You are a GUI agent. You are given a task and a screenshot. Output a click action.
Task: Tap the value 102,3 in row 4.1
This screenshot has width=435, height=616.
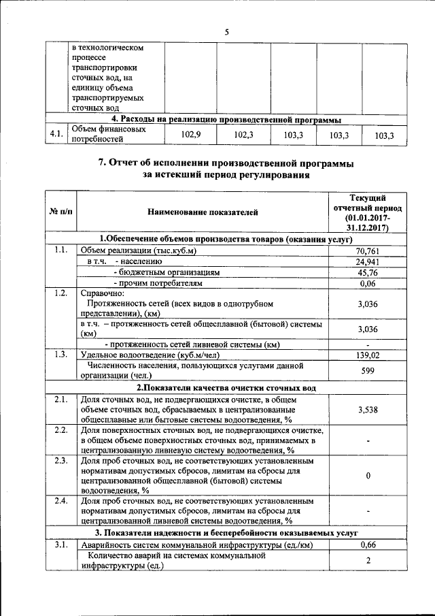(x=243, y=135)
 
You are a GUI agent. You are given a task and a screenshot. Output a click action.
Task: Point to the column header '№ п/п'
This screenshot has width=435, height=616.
(x=61, y=212)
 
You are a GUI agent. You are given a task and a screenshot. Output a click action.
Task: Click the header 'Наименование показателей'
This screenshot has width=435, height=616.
(x=203, y=212)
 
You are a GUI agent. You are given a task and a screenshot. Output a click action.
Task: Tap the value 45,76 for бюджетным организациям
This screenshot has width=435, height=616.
(x=367, y=272)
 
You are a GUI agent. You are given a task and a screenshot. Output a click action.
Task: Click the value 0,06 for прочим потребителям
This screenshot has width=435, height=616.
(x=367, y=282)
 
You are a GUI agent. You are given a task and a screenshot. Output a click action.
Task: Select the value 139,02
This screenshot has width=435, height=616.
(x=367, y=355)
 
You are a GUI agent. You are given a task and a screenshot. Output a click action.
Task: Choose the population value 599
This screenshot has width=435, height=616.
(x=367, y=370)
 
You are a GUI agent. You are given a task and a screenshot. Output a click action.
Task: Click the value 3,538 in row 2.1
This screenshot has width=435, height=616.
(x=367, y=410)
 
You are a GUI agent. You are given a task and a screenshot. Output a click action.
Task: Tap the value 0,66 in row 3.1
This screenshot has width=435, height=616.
(x=367, y=544)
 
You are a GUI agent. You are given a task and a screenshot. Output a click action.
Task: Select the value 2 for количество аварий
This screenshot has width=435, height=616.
(x=367, y=560)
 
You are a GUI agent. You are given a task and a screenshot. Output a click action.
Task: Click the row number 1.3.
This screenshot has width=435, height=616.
(x=61, y=355)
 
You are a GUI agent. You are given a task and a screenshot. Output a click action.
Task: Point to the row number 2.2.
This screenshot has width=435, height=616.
(x=61, y=431)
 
